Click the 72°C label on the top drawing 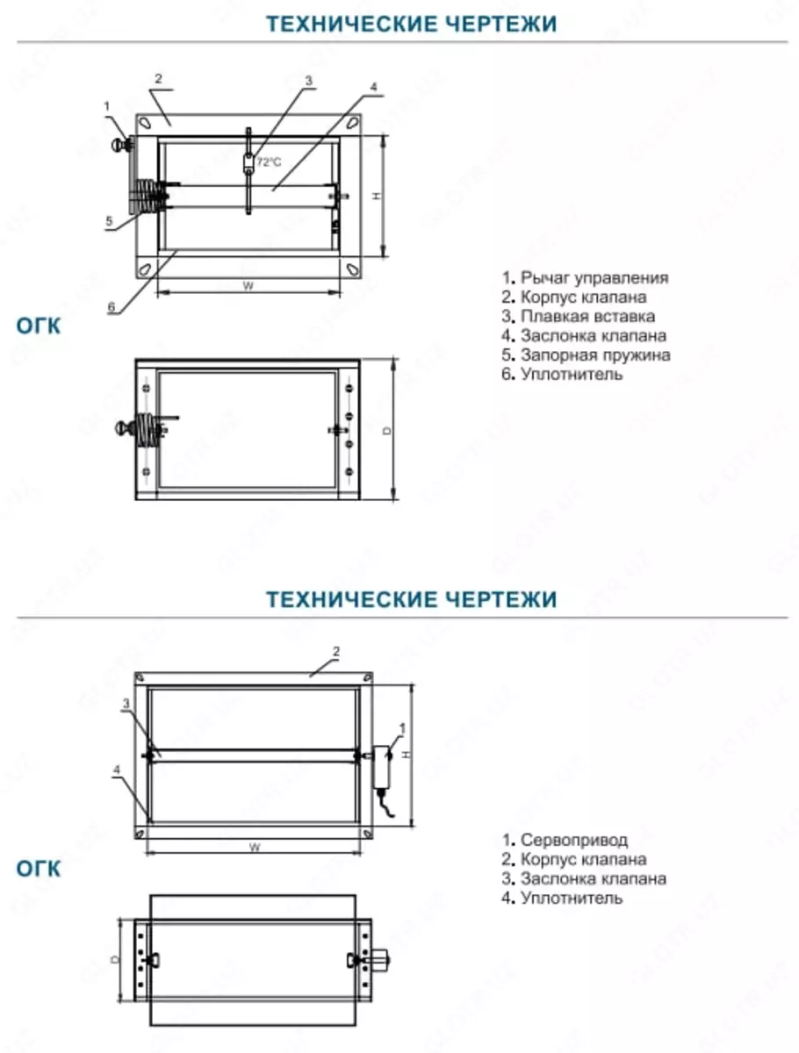click(269, 161)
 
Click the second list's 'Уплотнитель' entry click(571, 898)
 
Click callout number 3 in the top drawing click(308, 81)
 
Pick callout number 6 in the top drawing click(112, 307)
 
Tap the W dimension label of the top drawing click(248, 285)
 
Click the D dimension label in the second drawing click(387, 430)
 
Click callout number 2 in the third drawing click(335, 651)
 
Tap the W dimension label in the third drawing click(253, 848)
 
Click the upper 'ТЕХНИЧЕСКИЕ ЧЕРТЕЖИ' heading click(411, 24)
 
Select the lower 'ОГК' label click(39, 869)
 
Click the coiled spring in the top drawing click(146, 197)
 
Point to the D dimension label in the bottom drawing click(115, 958)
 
